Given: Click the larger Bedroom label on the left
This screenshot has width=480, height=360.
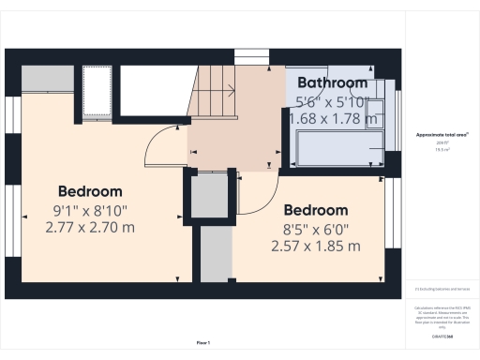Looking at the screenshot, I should pos(90,190).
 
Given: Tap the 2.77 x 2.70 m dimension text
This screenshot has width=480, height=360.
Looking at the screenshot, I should pos(90,227).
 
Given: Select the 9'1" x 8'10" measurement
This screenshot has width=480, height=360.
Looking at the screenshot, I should pos(90,209).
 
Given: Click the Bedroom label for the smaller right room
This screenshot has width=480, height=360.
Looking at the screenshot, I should pos(315,210).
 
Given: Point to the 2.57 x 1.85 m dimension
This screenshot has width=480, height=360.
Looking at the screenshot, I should pos(315,247).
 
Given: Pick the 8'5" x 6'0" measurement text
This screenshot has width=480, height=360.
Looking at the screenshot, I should pos(315,229).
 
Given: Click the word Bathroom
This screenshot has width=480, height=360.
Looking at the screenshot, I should pos(333,83).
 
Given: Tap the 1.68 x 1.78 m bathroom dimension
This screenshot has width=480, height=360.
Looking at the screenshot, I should pos(336,119).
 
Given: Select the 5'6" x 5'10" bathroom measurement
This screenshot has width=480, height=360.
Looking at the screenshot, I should pos(333,101).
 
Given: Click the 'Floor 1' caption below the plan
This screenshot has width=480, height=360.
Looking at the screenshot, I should pos(202,342).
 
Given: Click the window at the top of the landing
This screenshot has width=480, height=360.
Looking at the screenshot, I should pos(250,54).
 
